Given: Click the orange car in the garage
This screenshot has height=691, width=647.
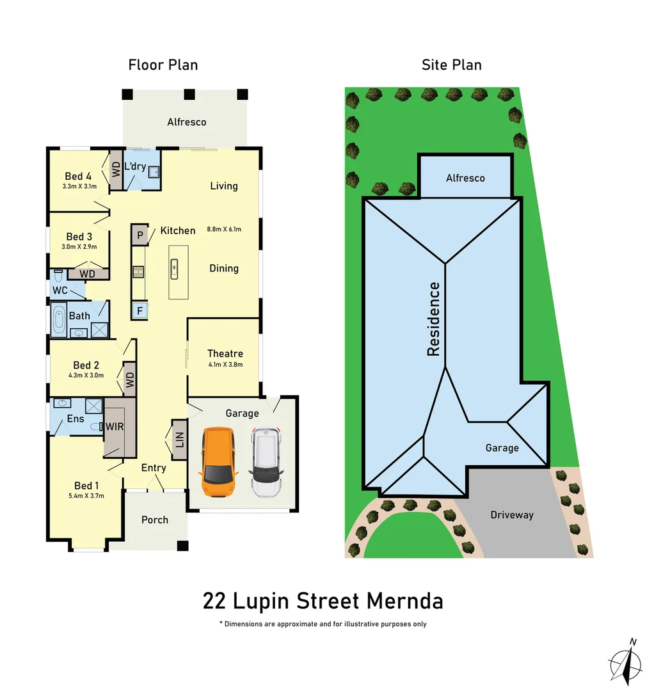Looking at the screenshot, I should [218, 463].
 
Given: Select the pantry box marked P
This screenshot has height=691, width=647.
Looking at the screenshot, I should [139, 235].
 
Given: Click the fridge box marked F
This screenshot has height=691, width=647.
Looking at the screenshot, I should [139, 311].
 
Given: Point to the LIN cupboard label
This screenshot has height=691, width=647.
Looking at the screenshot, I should [179, 440].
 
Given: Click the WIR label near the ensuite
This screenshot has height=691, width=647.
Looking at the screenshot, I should [115, 426].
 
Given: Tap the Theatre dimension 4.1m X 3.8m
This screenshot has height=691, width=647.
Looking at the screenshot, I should [225, 365].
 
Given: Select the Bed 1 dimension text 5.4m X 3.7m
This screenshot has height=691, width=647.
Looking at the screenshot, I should [86, 495].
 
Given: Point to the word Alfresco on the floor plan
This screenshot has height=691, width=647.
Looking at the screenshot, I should [186, 122].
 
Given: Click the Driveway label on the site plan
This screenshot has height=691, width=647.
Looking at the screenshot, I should [511, 514].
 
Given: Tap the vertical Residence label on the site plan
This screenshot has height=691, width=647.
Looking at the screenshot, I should [434, 319].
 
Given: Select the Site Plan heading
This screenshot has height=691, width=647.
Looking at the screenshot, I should [451, 65].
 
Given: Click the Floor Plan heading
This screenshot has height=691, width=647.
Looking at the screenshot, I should [163, 65].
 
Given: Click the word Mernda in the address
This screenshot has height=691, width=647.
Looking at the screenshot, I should [405, 601].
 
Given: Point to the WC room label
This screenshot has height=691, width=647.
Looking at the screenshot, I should [60, 290].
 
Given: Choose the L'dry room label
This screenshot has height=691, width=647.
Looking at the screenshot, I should [135, 166].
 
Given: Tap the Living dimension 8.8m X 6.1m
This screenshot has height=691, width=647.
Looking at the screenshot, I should [224, 228].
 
